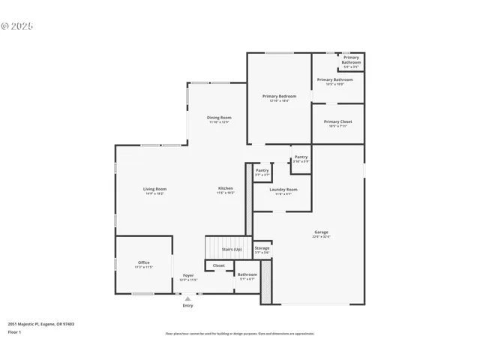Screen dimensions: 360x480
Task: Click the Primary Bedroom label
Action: (x=279, y=96)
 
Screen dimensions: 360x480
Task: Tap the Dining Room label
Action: (x=219, y=118)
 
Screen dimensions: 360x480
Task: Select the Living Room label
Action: (x=154, y=189)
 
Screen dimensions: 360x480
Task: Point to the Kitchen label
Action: (x=225, y=188)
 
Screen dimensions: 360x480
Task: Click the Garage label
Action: (x=321, y=232)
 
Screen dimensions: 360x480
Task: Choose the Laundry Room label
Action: (x=283, y=190)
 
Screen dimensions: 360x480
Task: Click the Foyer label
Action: (x=188, y=275)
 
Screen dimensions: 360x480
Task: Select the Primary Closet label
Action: (x=337, y=121)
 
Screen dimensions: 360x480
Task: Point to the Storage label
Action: (x=262, y=248)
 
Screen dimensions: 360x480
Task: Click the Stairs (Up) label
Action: (x=232, y=249)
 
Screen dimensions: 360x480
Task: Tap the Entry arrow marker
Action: (x=187, y=298)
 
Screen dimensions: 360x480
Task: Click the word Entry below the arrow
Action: (x=187, y=306)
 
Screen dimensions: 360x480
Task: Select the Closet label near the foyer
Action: (x=218, y=265)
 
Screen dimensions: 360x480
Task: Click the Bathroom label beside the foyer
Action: (x=247, y=274)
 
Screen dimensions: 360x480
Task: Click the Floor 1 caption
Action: (x=15, y=331)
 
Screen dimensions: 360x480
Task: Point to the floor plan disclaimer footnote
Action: (x=240, y=334)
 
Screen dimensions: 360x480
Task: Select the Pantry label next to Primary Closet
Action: (x=301, y=157)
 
